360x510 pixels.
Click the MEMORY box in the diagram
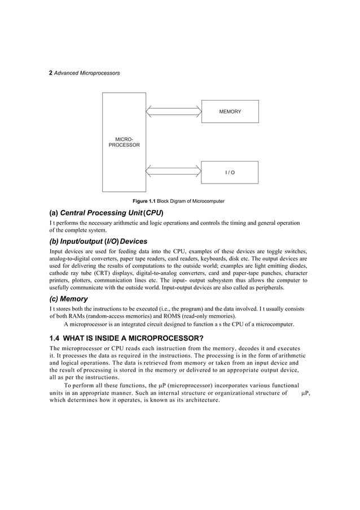point(230,112)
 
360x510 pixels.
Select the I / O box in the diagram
point(230,172)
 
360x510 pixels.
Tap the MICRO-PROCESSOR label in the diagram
point(124,142)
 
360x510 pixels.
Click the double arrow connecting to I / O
point(174,172)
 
